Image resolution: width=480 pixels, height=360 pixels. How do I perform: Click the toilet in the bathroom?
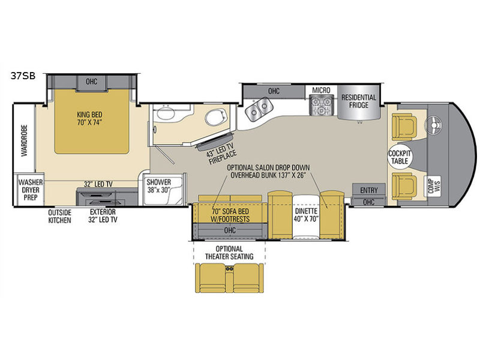click(x=212, y=117)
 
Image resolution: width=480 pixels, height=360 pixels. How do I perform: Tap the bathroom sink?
click(x=164, y=114)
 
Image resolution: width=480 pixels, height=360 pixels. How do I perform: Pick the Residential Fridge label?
click(x=359, y=102)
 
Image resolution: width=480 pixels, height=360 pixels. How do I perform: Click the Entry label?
click(x=369, y=190)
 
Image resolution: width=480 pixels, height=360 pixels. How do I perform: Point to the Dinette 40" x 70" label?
click(x=305, y=215)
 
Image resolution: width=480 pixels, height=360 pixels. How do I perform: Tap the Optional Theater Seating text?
click(x=227, y=253)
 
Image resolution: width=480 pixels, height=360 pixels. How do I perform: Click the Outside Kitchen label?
click(x=60, y=216)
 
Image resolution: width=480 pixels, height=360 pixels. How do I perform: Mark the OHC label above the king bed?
click(x=91, y=81)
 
